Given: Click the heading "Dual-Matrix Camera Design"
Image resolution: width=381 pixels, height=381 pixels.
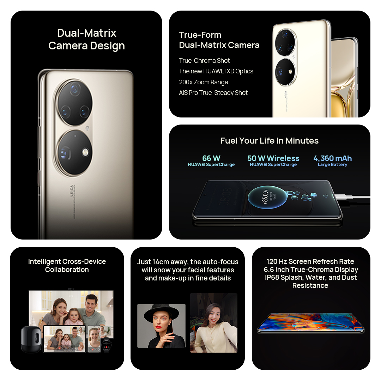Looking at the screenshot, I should coord(86,39).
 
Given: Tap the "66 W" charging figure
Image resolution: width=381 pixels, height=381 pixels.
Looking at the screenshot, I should coord(211,158).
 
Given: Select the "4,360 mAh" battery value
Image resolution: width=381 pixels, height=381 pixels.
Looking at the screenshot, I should coord(332,158).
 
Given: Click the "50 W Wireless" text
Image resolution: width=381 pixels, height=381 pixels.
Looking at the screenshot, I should coord(273,158).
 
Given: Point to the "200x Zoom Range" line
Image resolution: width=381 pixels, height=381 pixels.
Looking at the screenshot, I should coord(203,82).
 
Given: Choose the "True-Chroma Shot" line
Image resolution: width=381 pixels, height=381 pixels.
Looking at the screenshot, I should coord(204,61).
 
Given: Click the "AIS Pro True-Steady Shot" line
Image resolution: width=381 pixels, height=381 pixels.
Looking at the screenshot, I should coord(213,93).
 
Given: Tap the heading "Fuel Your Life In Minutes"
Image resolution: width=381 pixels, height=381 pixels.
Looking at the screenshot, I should coord(270,141).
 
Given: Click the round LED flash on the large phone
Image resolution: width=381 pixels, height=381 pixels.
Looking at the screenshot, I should coord(85,152).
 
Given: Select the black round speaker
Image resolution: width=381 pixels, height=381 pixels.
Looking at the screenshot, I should coord(31,339).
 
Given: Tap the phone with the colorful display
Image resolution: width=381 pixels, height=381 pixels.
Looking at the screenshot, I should coord(310,323).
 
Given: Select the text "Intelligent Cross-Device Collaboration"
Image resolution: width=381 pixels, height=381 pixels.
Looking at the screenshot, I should coord(67,266).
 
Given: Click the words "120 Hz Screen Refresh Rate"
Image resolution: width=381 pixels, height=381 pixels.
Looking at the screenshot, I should coord(310,261).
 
